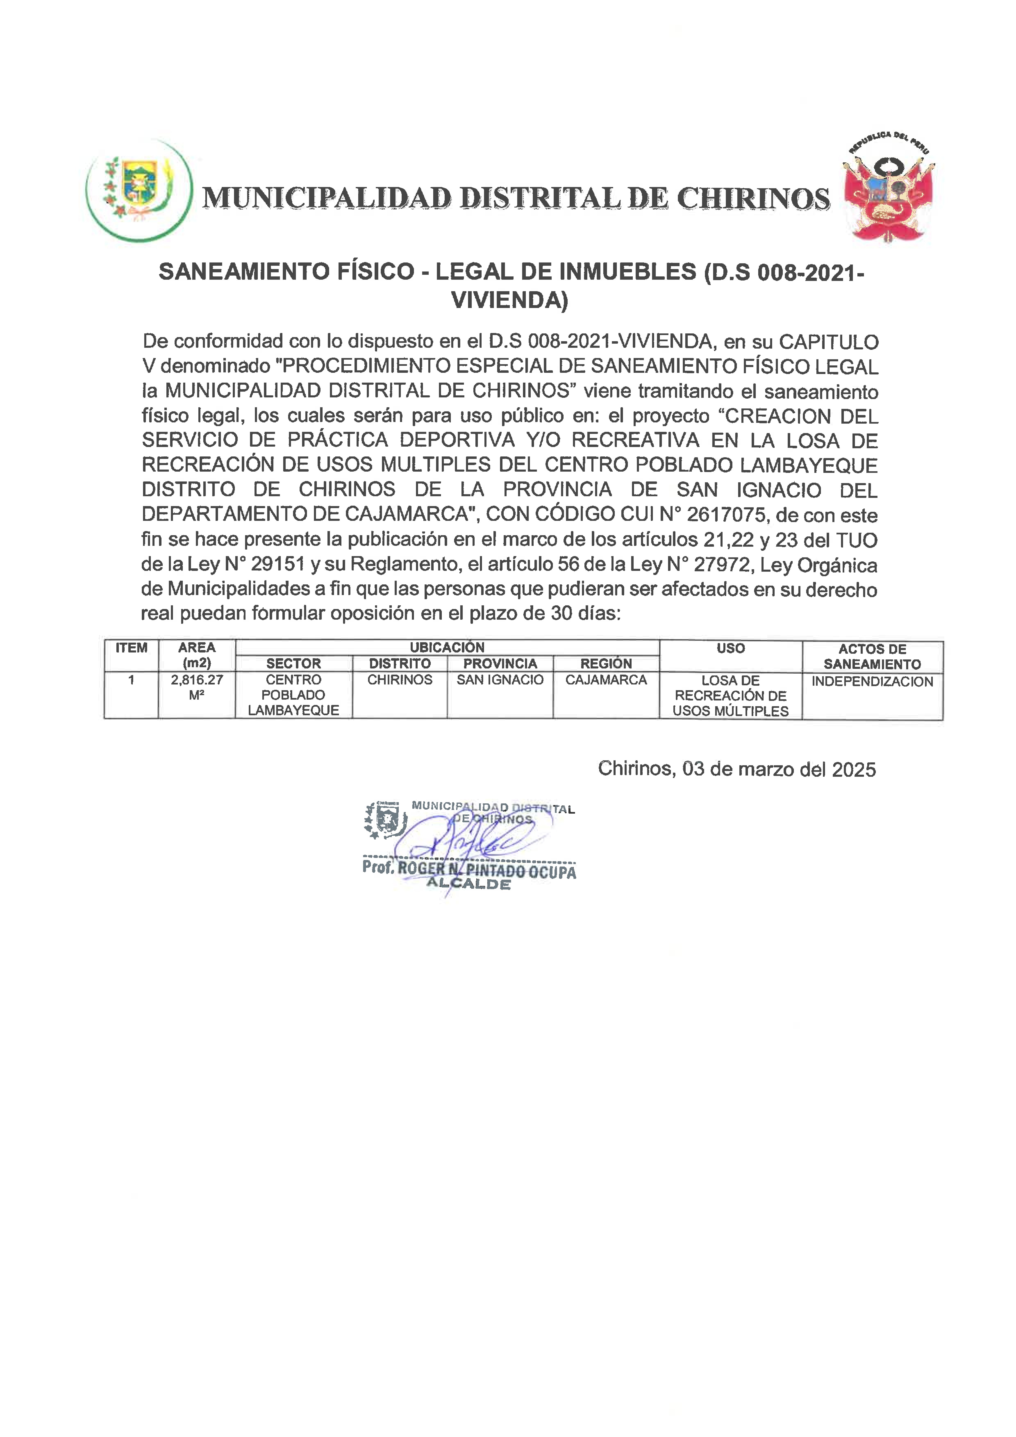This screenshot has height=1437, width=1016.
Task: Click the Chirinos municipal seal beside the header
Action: (x=139, y=190)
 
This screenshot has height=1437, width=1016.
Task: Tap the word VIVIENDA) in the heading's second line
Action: (x=509, y=300)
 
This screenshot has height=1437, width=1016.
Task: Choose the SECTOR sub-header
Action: (x=293, y=663)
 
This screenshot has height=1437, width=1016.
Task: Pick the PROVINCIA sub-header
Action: (x=500, y=663)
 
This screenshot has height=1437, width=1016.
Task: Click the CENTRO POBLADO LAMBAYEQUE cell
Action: (x=293, y=695)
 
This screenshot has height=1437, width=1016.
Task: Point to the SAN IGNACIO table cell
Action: (x=500, y=680)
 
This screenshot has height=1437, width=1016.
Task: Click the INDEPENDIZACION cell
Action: (x=872, y=682)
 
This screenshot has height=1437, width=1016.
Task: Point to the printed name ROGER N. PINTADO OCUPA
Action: (x=487, y=869)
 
